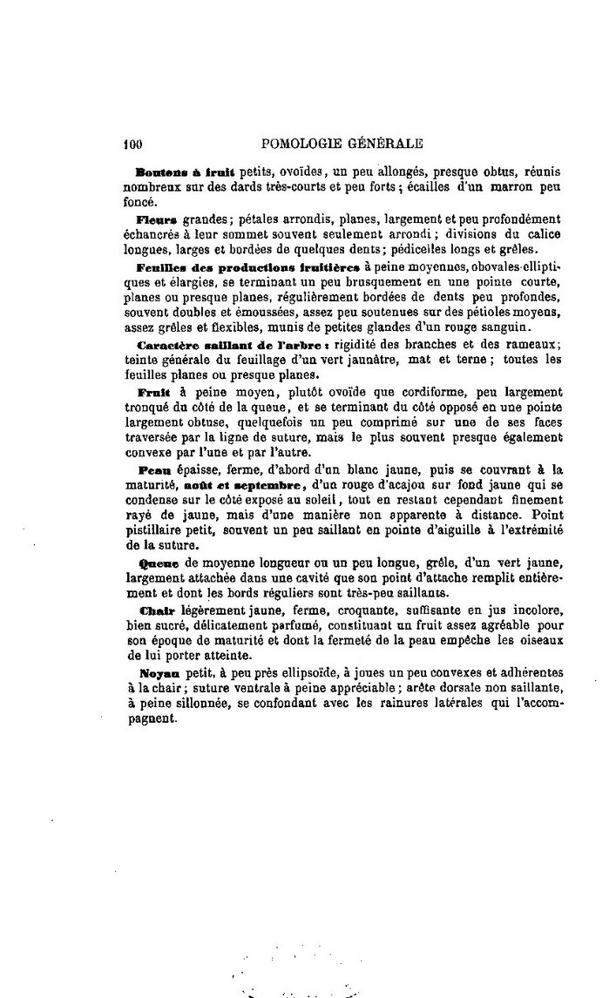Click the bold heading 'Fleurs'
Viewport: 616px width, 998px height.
(157, 219)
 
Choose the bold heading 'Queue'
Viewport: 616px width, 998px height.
(157, 563)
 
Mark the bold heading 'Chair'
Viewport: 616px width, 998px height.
(157, 610)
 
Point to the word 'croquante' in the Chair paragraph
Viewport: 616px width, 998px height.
(340, 610)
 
